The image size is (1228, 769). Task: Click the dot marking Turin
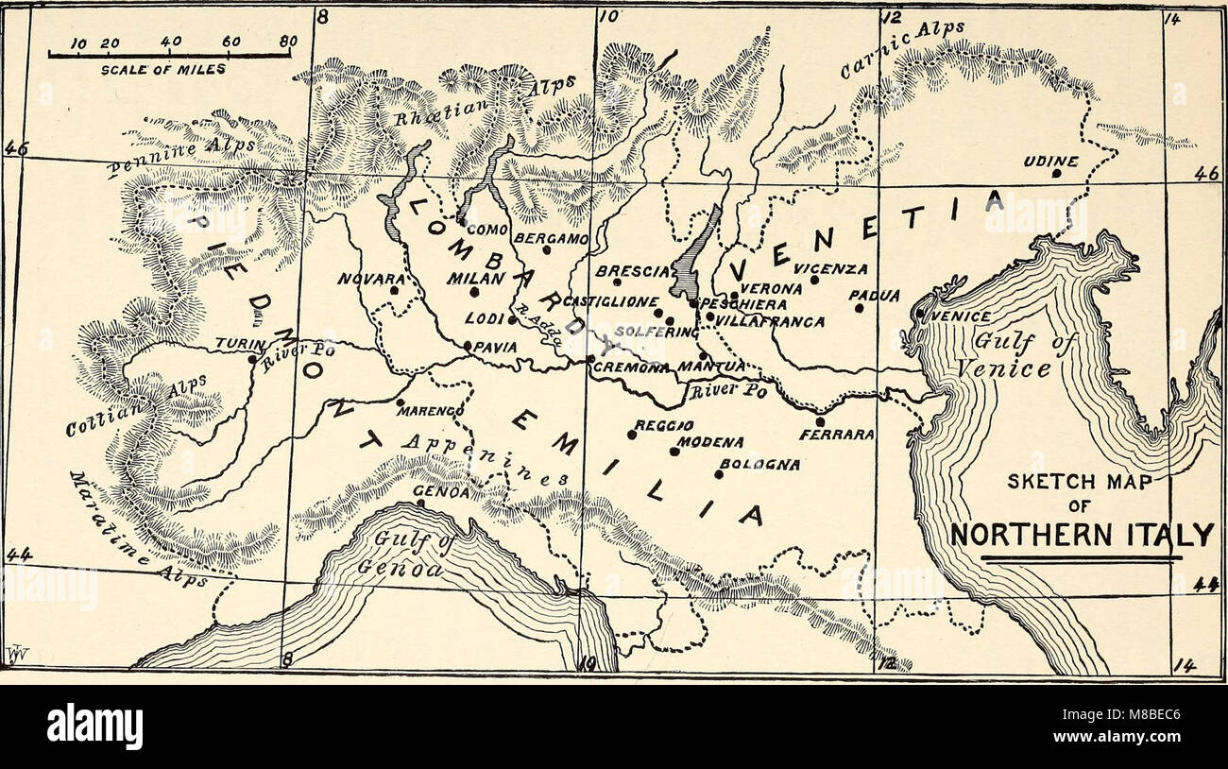tap(251, 358)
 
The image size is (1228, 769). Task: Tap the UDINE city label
tap(1049, 162)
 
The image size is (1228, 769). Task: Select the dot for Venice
tap(919, 313)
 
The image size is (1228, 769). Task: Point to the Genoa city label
tap(435, 491)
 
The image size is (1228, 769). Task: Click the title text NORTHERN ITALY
tap(1081, 535)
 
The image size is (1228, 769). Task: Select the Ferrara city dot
tap(820, 421)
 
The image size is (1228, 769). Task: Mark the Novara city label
tap(371, 280)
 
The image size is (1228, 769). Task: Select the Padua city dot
tap(859, 307)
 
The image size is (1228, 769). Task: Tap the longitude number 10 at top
tap(609, 16)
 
